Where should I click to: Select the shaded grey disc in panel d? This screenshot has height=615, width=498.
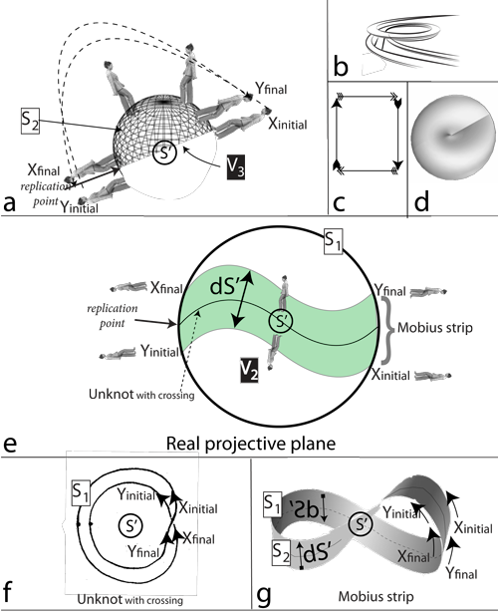(452, 130)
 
